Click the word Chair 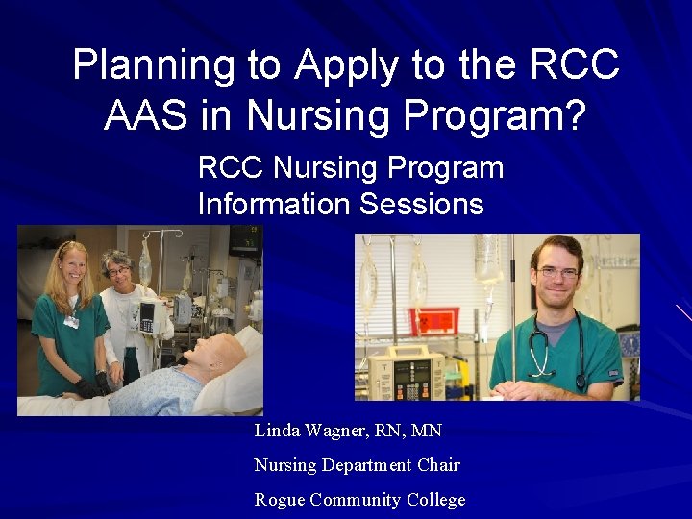tap(439, 465)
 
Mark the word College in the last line tap(432, 500)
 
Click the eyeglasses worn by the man tap(558, 273)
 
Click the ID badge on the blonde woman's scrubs tap(71, 322)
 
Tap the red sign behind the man tap(429, 321)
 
